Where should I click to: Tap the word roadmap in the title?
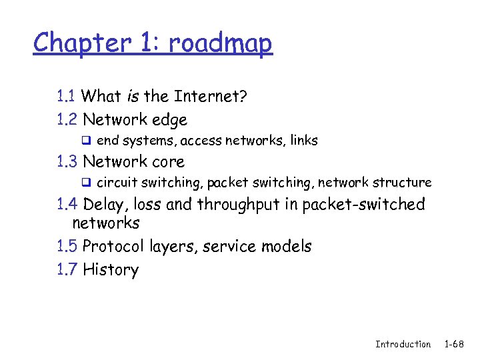221,43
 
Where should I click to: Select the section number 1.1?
66,97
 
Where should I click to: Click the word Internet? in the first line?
211,97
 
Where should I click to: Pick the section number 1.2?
67,120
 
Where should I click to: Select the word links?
304,141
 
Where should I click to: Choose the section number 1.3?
67,162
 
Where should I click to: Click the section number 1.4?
67,204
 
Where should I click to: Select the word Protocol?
113,247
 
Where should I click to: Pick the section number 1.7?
67,270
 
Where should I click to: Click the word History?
111,271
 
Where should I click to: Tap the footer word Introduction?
403,344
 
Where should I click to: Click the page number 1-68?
455,344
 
